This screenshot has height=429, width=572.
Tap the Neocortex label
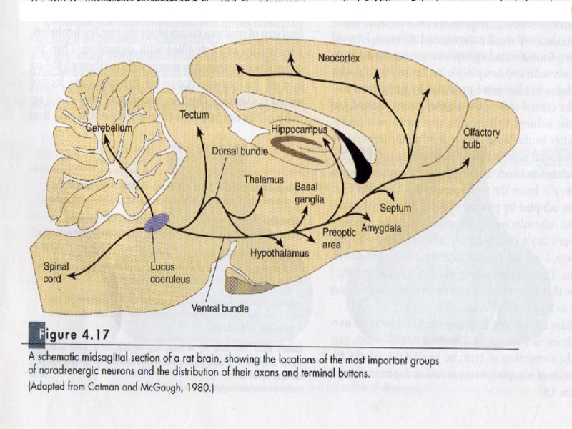click(x=338, y=56)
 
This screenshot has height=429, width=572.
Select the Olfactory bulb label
click(x=481, y=139)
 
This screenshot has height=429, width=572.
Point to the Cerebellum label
click(x=110, y=127)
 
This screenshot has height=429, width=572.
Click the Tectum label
click(x=194, y=114)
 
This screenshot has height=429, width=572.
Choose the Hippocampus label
click(x=299, y=130)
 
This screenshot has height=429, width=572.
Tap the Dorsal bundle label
click(x=240, y=152)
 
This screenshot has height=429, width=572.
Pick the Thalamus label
click(x=264, y=179)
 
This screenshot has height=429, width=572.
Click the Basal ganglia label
click(x=310, y=192)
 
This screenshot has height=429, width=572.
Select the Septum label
click(x=395, y=208)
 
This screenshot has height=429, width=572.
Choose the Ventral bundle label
click(x=220, y=309)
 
